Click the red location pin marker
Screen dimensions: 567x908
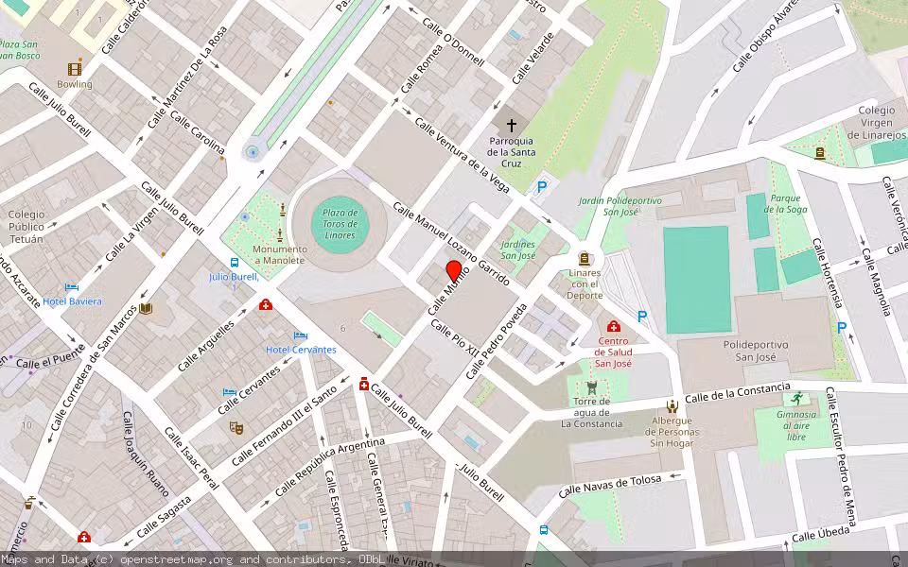tap(453, 271)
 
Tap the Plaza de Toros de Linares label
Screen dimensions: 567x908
tap(340, 224)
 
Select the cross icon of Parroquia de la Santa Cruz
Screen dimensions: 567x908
tap(512, 124)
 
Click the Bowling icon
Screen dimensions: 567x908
tap(75, 68)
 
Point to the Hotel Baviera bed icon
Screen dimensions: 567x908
tap(72, 286)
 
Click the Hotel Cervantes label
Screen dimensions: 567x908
tap(301, 350)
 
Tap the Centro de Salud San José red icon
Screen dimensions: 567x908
tap(613, 326)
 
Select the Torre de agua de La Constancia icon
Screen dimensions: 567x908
tap(592, 387)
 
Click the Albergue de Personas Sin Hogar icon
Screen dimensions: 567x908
tap(672, 406)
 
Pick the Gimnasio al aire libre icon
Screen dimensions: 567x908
tap(797, 398)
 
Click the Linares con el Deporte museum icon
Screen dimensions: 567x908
tap(585, 258)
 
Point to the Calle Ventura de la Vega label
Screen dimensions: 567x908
tap(462, 156)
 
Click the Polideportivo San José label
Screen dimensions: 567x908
tap(756, 351)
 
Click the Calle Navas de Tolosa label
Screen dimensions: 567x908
tap(607, 487)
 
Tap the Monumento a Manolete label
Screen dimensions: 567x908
tap(279, 254)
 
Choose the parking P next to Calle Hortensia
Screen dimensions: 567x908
tap(841, 328)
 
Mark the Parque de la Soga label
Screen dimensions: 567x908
tap(787, 203)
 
